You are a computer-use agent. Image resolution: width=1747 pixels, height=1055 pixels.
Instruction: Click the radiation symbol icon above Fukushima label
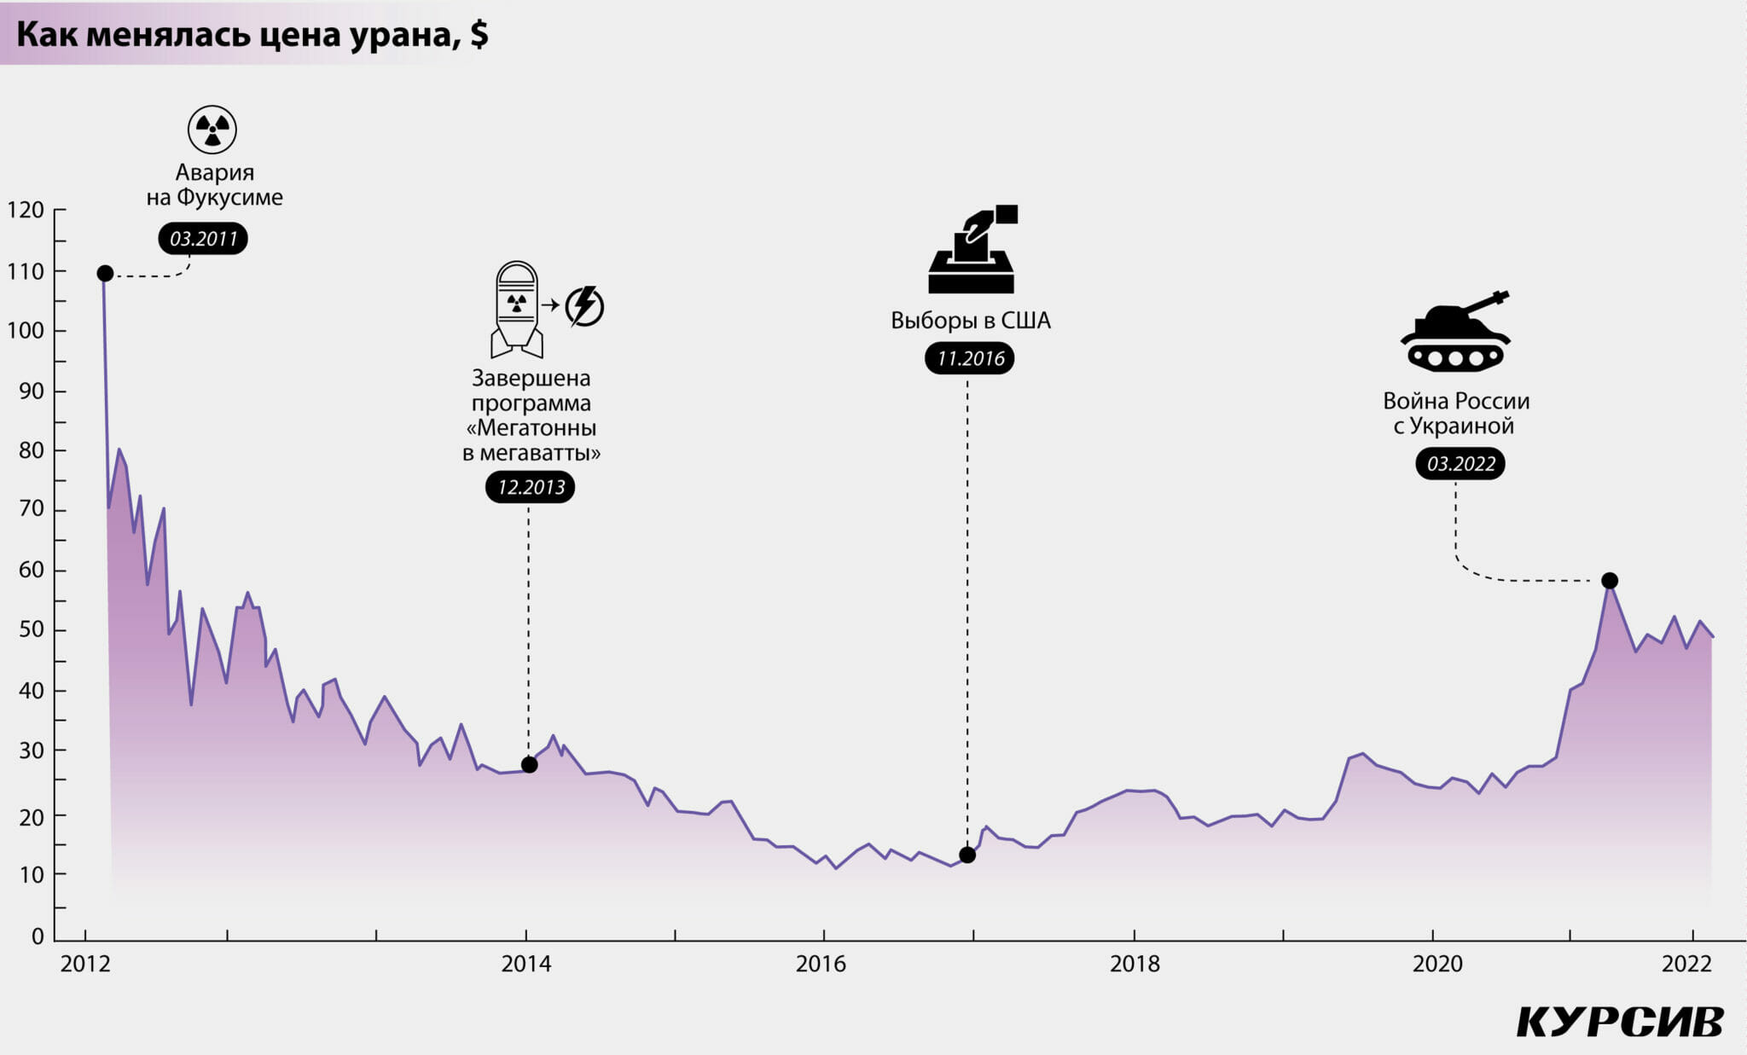click(x=212, y=130)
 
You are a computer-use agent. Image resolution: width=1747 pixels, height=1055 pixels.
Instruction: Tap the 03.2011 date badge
click(x=203, y=239)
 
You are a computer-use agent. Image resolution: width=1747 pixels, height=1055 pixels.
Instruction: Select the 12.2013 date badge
click(x=531, y=487)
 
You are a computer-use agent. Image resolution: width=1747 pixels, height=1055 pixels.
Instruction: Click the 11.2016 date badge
click(x=970, y=358)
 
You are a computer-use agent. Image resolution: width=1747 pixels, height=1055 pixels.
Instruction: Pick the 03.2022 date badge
click(x=1460, y=464)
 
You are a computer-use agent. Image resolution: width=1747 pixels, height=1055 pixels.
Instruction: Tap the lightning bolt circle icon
click(x=585, y=306)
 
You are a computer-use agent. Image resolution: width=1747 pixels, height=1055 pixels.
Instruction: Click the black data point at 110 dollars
click(x=105, y=273)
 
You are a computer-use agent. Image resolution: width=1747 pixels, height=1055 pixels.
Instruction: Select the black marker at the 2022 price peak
click(x=1610, y=581)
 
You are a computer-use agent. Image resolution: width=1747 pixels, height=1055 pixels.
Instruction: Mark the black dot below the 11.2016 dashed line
click(x=967, y=855)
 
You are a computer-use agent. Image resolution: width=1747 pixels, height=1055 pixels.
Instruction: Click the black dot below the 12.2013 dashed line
click(x=529, y=765)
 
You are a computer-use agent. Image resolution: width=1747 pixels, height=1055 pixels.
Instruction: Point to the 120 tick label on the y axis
click(x=26, y=211)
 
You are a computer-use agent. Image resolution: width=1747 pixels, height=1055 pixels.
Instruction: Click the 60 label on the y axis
click(x=31, y=570)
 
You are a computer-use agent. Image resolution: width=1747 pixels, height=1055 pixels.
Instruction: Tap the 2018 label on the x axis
click(x=1135, y=964)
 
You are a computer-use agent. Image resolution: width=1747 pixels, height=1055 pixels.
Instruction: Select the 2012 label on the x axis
click(x=85, y=964)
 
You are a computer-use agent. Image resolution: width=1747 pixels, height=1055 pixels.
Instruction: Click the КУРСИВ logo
click(x=1620, y=1022)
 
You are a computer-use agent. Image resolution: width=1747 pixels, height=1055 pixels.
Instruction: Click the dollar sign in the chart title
click(x=479, y=35)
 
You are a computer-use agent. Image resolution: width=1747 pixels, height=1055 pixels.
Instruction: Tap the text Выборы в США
click(x=971, y=321)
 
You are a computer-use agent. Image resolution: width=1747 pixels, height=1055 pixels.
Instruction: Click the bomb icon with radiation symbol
click(x=517, y=309)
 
